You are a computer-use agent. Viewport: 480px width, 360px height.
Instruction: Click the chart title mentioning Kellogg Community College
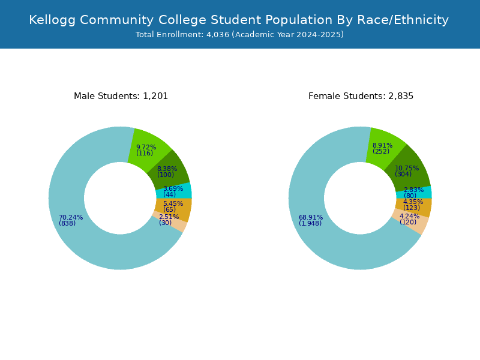pyautogui.click(x=239, y=20)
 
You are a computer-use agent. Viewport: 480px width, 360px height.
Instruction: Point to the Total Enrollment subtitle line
pyautogui.click(x=239, y=35)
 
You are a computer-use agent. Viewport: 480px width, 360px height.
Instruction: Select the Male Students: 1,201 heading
pyautogui.click(x=121, y=96)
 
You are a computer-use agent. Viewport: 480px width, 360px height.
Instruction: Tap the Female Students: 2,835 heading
pyautogui.click(x=361, y=96)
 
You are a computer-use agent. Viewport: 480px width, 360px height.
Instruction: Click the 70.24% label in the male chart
pyautogui.click(x=71, y=217)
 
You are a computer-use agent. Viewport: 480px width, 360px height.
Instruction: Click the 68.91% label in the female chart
pyautogui.click(x=311, y=217)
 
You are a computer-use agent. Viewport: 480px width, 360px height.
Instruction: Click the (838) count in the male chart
pyautogui.click(x=67, y=223)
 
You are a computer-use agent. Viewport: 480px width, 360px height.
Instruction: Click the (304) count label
pyautogui.click(x=403, y=174)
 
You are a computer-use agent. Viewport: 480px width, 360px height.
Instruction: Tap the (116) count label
pyautogui.click(x=145, y=153)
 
